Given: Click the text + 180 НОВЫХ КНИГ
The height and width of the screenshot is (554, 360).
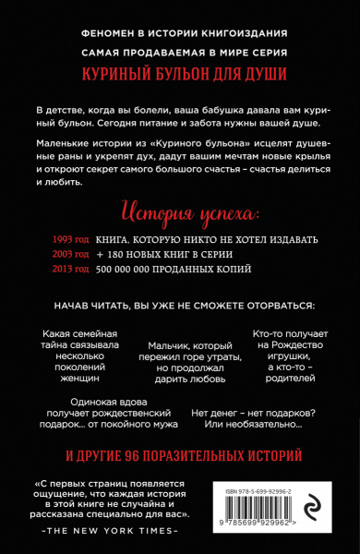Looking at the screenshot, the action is coord(146,252).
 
